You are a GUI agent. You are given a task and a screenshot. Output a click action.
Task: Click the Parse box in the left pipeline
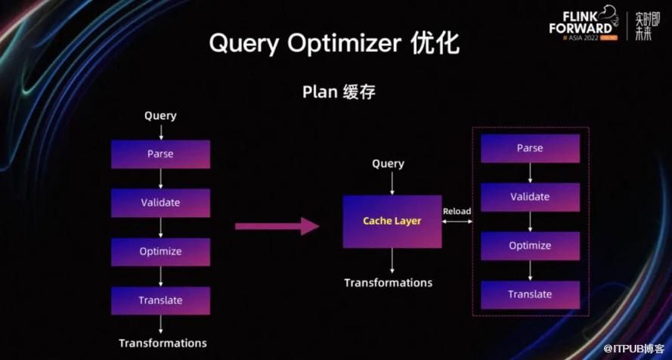[x=160, y=154]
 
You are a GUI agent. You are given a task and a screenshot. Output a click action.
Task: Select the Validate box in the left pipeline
[x=160, y=203]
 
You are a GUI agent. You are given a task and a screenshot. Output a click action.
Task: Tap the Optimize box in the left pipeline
[x=160, y=251]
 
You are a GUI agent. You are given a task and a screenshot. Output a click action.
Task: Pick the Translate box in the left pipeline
[x=160, y=300]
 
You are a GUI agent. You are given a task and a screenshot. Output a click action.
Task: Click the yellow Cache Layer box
[x=392, y=221]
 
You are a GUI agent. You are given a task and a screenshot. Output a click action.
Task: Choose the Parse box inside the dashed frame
[x=530, y=148]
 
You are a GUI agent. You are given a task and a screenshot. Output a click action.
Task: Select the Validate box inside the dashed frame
[x=530, y=197]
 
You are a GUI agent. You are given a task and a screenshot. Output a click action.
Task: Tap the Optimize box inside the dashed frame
[x=530, y=246]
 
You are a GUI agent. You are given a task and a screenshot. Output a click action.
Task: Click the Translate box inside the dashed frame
[x=530, y=294]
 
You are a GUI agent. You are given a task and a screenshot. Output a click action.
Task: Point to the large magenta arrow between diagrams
[x=277, y=225]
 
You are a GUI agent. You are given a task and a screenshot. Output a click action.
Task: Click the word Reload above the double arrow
[x=457, y=211]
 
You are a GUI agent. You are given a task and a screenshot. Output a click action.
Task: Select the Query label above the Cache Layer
[x=389, y=164]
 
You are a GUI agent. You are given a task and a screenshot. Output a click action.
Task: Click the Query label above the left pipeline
[x=160, y=116]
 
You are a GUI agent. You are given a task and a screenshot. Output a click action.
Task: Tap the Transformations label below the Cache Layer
[x=389, y=283]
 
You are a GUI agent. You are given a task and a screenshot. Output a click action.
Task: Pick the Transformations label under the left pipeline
[x=163, y=343]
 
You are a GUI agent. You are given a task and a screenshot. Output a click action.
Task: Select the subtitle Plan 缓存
[x=339, y=92]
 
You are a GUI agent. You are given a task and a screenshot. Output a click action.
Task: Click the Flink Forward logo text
[x=581, y=24]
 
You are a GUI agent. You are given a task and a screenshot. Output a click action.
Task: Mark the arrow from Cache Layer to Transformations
[x=392, y=261]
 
